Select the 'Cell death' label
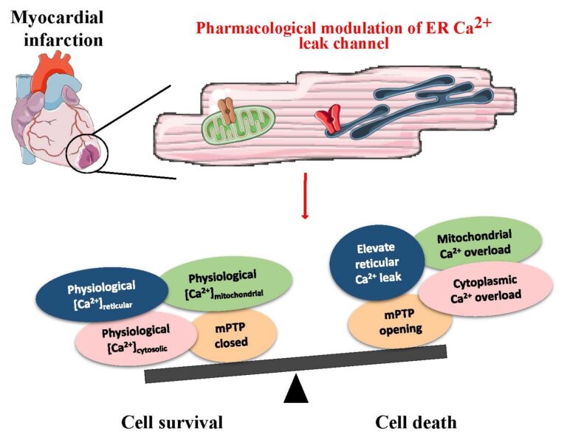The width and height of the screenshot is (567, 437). (x=416, y=422)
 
